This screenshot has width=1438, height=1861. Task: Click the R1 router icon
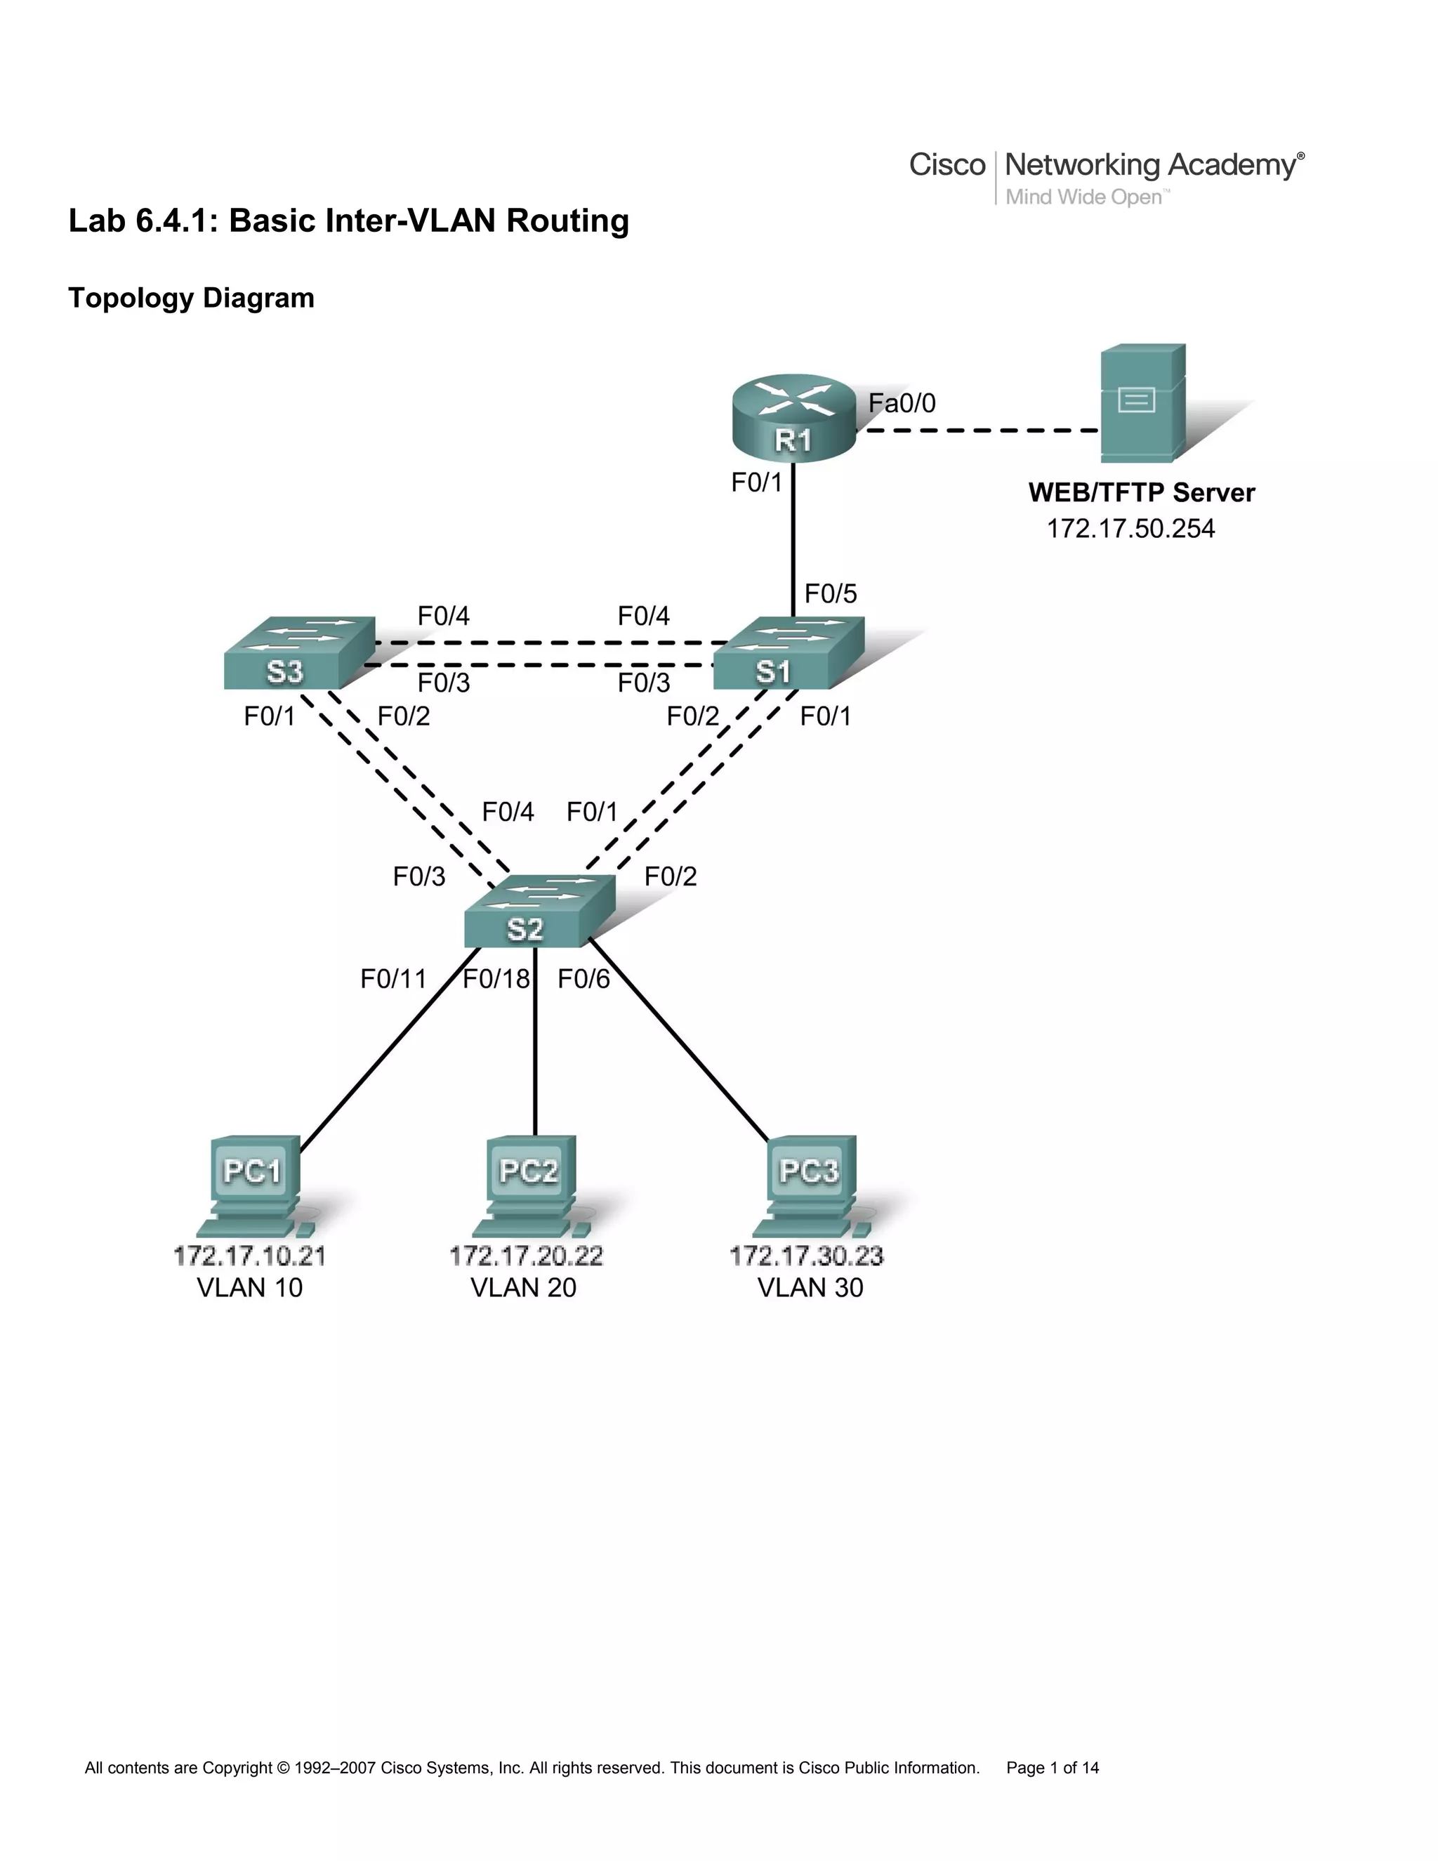coord(793,419)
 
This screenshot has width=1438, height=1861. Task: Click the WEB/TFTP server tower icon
coord(1142,403)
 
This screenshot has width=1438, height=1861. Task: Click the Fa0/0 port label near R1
coord(902,403)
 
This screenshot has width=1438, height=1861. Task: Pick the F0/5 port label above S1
coord(831,594)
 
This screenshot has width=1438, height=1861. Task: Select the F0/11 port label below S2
coord(393,979)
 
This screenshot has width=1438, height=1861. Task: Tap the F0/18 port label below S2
coord(496,979)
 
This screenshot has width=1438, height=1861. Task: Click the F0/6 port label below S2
coord(583,979)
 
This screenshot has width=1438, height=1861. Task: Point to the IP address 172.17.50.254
coord(1130,530)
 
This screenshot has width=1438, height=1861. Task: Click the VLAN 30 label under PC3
coord(810,1287)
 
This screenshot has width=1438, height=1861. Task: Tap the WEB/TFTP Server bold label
coord(1141,492)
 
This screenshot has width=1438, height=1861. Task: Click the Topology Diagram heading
coord(191,298)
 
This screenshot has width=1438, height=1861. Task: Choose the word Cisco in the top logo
coord(946,164)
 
